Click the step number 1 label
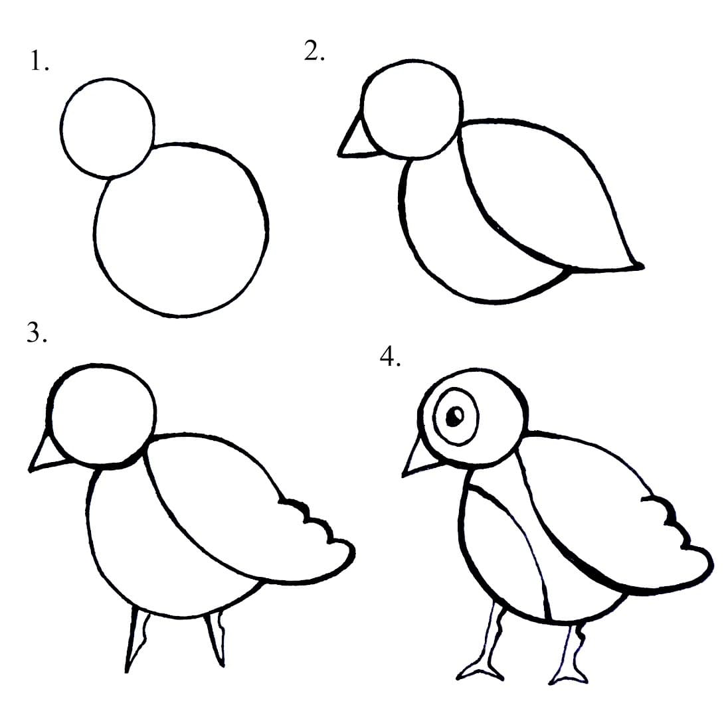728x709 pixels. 39,61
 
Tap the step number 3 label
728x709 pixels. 37,332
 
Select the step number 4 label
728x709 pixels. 390,356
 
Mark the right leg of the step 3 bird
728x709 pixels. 215,639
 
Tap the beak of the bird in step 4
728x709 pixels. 420,459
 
